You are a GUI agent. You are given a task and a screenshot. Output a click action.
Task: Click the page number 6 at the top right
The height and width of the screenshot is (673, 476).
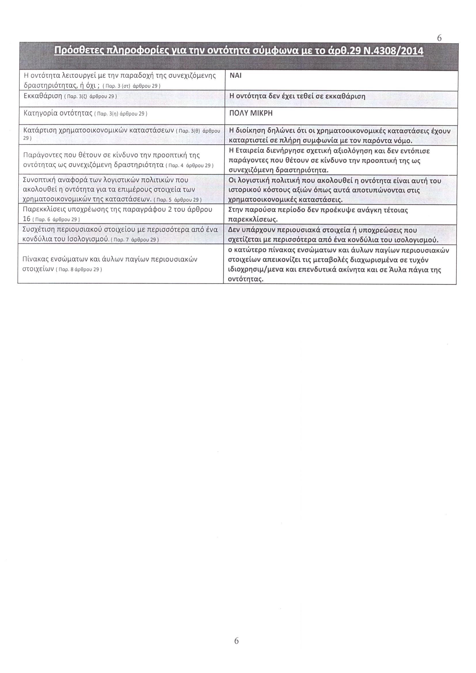[439, 38]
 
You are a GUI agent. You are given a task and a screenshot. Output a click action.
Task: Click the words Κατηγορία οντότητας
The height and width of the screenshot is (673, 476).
[58, 113]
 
